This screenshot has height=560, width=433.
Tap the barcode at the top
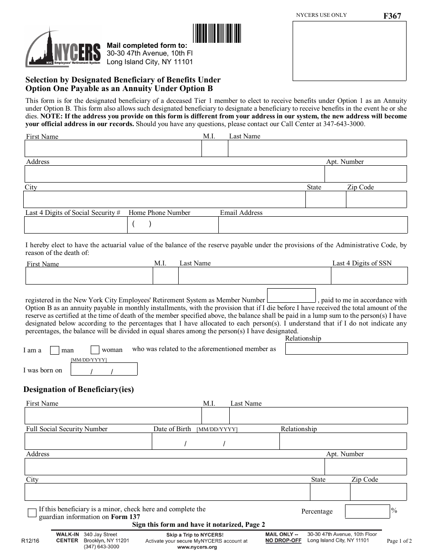pyautogui.click(x=217, y=33)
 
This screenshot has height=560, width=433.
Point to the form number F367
pyautogui.click(x=392, y=16)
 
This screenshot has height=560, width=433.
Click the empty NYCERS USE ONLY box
pyautogui.click(x=349, y=51)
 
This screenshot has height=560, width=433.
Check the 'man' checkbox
pyautogui.click(x=54, y=350)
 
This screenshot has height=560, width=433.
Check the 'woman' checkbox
pyautogui.click(x=95, y=350)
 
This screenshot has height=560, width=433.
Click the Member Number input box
pyautogui.click(x=291, y=295)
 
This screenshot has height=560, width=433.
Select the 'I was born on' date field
pyautogui.click(x=104, y=369)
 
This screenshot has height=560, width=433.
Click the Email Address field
pyautogui.click(x=313, y=225)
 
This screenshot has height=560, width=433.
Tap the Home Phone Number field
pyautogui.click(x=173, y=225)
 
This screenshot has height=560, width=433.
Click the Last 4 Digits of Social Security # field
pyautogui.click(x=76, y=225)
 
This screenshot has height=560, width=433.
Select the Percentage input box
pyautogui.click(x=367, y=511)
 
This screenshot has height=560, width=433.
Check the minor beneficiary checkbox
pyautogui.click(x=32, y=513)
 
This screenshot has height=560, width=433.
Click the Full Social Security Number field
pyautogui.click(x=88, y=441)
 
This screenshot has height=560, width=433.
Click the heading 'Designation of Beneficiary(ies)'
pyautogui.click(x=78, y=389)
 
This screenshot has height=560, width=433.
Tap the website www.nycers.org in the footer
pyautogui.click(x=196, y=547)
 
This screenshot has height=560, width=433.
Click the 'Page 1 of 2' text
pyautogui.click(x=399, y=541)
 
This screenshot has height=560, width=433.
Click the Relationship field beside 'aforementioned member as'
pyautogui.click(x=346, y=349)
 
